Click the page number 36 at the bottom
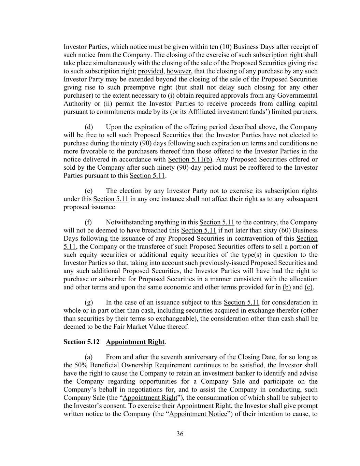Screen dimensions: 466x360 pos(180,434)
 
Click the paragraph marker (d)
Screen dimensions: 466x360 pos(88,127)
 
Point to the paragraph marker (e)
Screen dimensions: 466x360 pos(88,191)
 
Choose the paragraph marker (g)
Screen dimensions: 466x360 pos(88,302)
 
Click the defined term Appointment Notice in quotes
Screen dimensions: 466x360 pos(198,414)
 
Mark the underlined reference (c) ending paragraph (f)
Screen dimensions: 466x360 pos(308,287)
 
